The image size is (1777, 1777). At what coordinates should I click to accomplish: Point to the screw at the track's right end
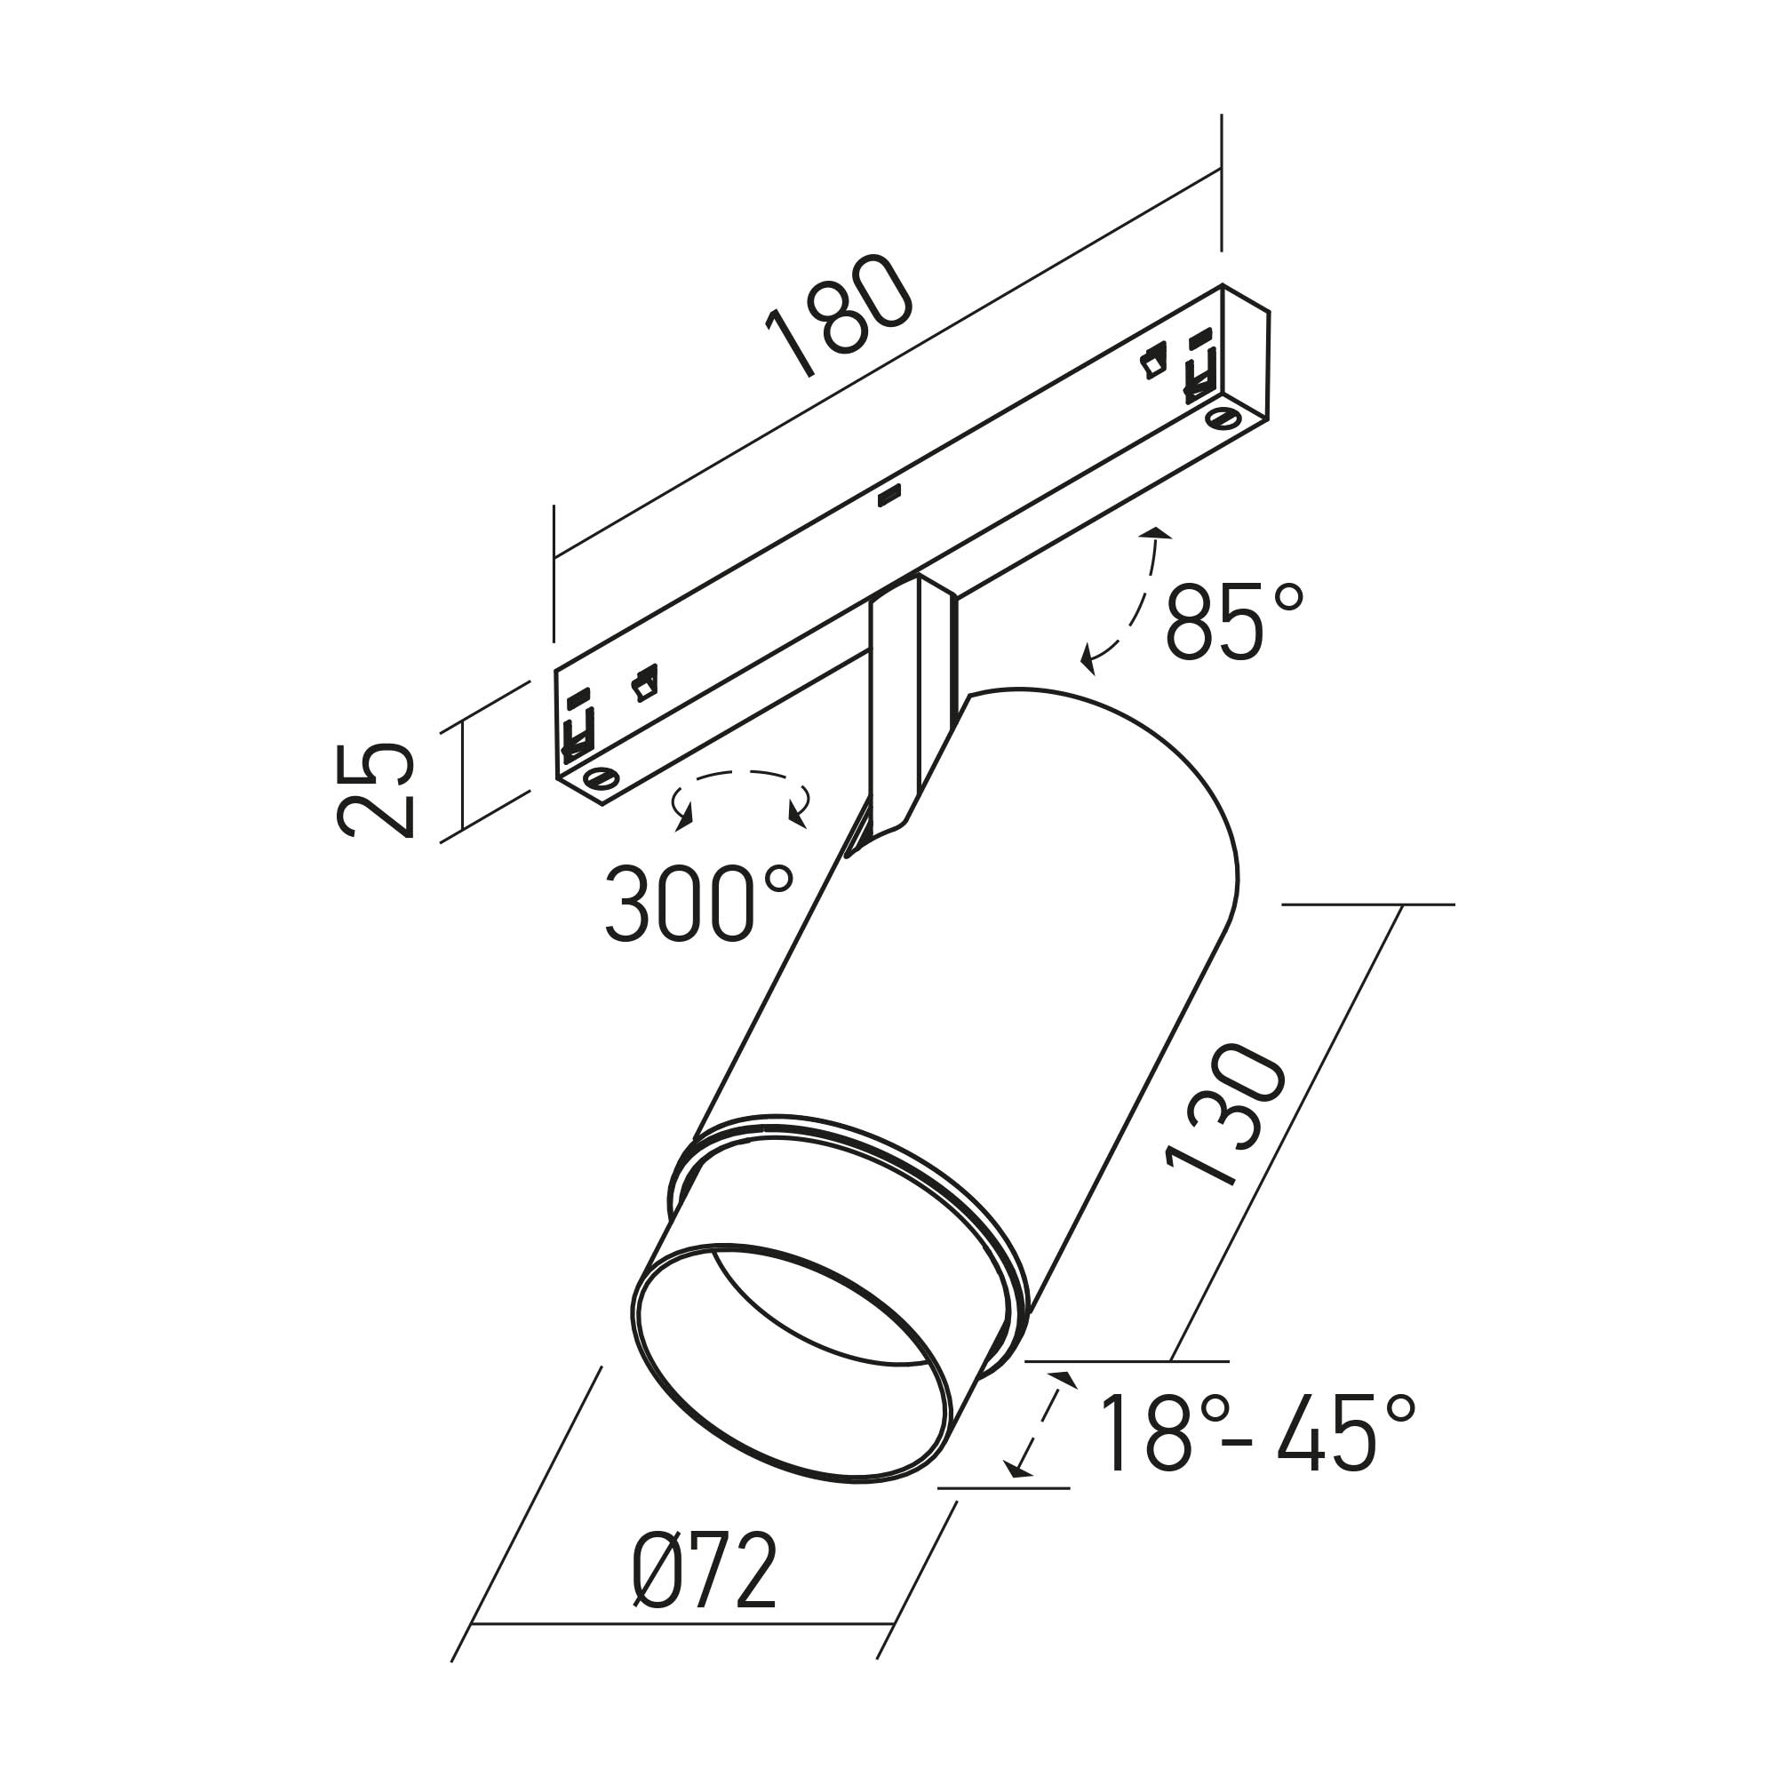coord(1223,419)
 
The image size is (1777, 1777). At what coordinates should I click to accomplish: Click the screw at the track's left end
coord(602,778)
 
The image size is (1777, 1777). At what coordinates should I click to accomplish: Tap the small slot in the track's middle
coord(888,497)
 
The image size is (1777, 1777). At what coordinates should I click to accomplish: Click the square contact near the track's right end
coord(1152,362)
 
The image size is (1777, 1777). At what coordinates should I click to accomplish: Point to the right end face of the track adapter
coord(1246,364)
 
